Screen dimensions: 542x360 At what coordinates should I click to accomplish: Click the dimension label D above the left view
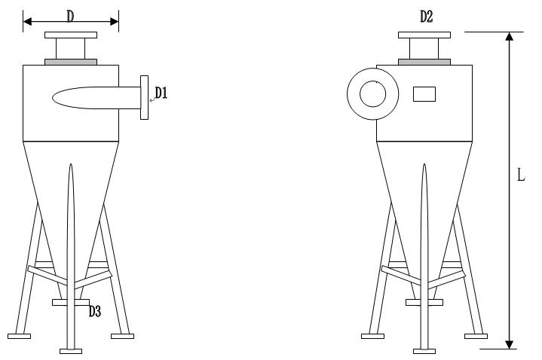pyautogui.click(x=71, y=17)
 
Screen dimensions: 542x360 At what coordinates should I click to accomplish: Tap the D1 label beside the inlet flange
pyautogui.click(x=161, y=93)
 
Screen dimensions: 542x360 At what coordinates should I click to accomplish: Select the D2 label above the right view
pyautogui.click(x=426, y=17)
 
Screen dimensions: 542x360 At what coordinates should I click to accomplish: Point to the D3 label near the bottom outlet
pyautogui.click(x=95, y=311)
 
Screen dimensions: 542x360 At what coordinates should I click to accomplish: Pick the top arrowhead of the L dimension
pyautogui.click(x=509, y=36)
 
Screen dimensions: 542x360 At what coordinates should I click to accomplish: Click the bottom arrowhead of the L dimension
pyautogui.click(x=509, y=344)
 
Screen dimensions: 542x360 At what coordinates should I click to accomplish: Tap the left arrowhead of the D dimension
pyautogui.click(x=27, y=22)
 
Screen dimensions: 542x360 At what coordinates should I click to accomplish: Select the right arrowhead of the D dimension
pyautogui.click(x=115, y=22)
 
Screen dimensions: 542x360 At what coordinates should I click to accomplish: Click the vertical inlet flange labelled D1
pyautogui.click(x=144, y=97)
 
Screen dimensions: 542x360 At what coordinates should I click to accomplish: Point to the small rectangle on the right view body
pyautogui.click(x=424, y=94)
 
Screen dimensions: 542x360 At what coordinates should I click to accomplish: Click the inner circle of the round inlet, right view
pyautogui.click(x=372, y=93)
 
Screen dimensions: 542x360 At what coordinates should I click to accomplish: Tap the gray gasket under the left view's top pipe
pyautogui.click(x=71, y=62)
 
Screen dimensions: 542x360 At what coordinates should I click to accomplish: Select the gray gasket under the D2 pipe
pyautogui.click(x=424, y=62)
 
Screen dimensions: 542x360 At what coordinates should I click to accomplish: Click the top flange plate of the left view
pyautogui.click(x=71, y=35)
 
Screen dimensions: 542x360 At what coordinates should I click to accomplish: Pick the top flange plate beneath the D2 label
pyautogui.click(x=424, y=35)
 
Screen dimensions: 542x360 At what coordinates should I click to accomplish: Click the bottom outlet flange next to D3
pyautogui.click(x=71, y=302)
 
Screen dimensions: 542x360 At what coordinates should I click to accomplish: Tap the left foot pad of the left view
pyautogui.click(x=19, y=336)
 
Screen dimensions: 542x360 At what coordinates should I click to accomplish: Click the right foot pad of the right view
pyautogui.click(x=476, y=336)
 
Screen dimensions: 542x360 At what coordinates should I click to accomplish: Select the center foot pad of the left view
pyautogui.click(x=71, y=352)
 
